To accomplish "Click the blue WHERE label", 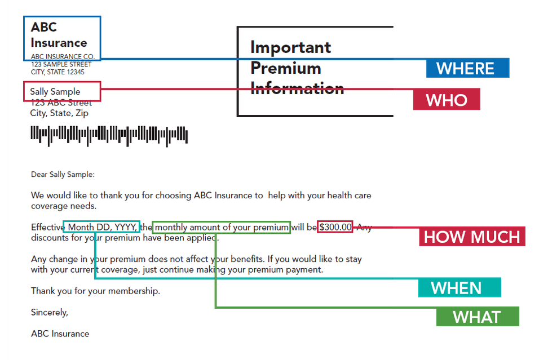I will point(467,69).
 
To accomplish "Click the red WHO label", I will point(446,100).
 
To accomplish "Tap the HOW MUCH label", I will point(472,237).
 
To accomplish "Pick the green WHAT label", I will point(477,317).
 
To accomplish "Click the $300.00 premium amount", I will point(335,227).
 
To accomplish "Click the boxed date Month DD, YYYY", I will point(101,227).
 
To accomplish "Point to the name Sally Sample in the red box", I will point(55,91).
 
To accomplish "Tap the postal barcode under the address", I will point(109,135).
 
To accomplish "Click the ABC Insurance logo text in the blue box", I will point(59,35).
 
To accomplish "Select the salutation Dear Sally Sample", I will point(63,175).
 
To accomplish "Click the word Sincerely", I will point(49,312).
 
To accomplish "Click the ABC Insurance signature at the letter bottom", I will point(60,334).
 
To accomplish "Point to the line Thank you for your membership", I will point(95,291).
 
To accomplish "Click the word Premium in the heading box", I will point(285,68).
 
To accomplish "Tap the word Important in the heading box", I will point(290,47).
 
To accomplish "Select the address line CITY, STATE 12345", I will point(58,72).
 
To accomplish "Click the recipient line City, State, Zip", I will point(59,113).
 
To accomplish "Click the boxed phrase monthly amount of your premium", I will point(222,227).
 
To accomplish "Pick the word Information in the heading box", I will point(297,88).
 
